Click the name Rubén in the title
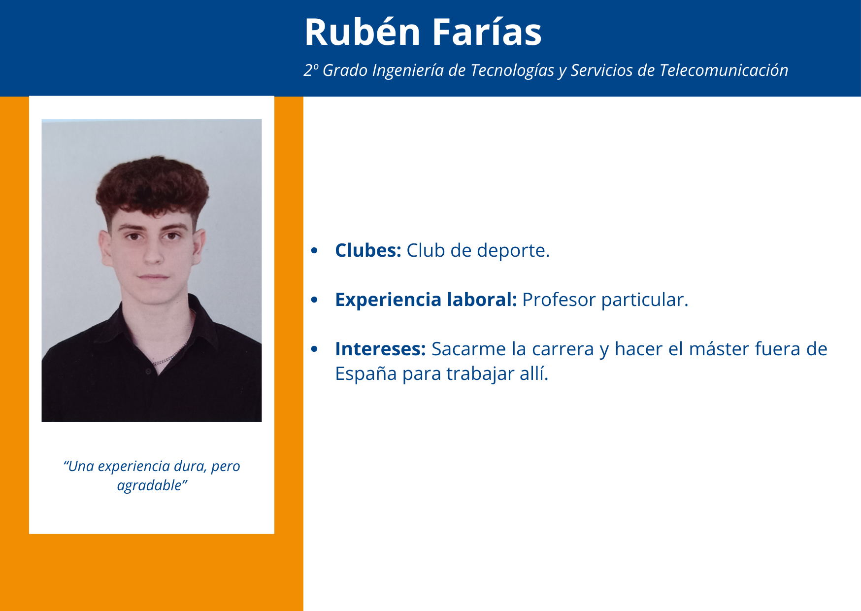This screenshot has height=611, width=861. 363,33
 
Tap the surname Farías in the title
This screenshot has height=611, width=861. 487,33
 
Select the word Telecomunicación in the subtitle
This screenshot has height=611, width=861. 724,70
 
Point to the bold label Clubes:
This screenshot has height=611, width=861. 368,250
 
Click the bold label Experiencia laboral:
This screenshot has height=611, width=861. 426,300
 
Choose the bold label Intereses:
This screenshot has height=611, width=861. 380,349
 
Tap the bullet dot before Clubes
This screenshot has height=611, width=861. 315,251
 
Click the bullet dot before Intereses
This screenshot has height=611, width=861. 315,349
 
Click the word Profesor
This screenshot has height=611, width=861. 559,300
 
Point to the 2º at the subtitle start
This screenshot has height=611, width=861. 311,70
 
